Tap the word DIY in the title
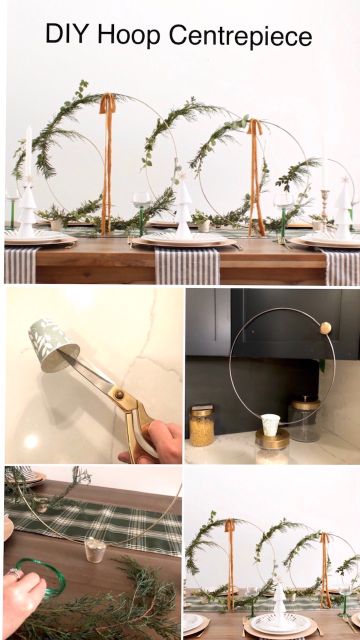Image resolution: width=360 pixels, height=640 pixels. tap(66, 33)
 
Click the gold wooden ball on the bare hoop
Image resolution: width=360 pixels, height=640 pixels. tap(325, 327)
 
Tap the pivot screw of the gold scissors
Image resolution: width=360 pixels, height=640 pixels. tap(119, 394)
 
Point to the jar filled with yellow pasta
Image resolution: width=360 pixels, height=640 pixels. tap(202, 426)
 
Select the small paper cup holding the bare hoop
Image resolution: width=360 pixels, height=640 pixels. tap(270, 424)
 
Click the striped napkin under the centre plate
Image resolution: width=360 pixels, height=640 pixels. tap(187, 265)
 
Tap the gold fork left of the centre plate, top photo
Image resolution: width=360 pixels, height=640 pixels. tap(131, 241)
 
